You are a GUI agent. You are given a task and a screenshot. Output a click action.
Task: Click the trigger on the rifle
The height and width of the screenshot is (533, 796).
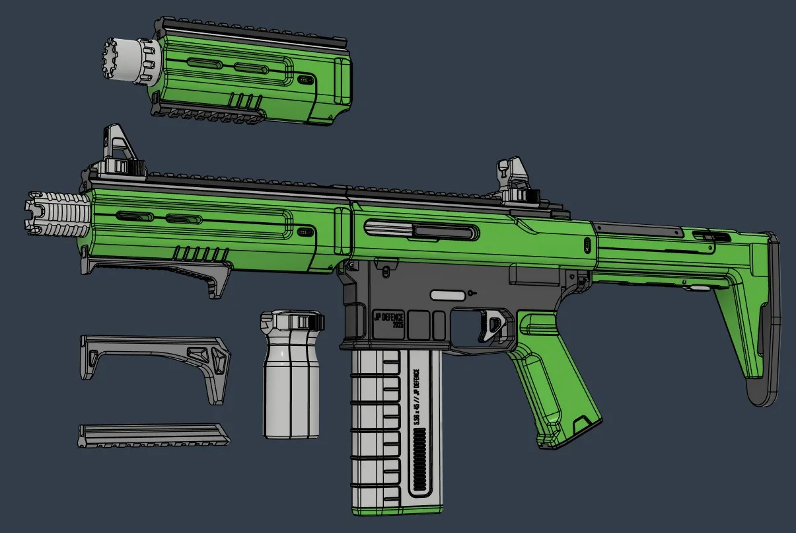(489, 325)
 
